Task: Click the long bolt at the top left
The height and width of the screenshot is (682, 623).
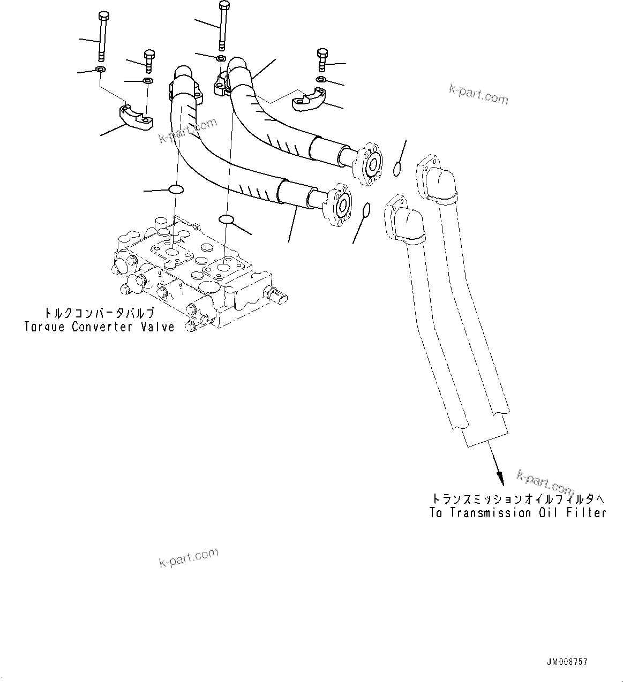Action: (x=102, y=37)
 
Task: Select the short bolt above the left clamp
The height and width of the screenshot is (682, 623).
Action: (x=149, y=62)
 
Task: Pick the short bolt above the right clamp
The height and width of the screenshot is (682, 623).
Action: (x=322, y=60)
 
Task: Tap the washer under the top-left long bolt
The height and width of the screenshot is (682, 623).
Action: (x=100, y=70)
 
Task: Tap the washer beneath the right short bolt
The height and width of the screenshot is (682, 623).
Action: (x=320, y=80)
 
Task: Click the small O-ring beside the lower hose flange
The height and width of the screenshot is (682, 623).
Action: (x=366, y=210)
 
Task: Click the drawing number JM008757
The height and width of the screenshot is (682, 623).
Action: (x=567, y=662)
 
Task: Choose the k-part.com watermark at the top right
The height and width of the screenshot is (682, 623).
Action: (x=478, y=95)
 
